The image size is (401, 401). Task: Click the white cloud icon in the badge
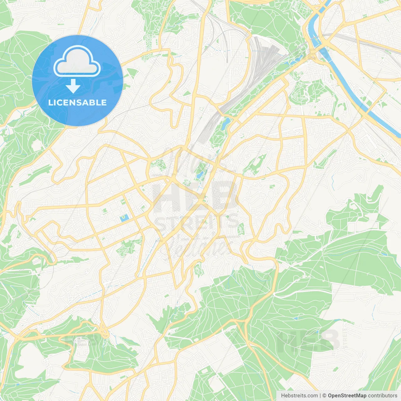pyautogui.click(x=77, y=61)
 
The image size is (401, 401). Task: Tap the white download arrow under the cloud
pyautogui.click(x=73, y=86)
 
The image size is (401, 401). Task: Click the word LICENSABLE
pyautogui.click(x=77, y=102)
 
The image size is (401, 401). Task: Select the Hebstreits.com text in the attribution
pyautogui.click(x=299, y=396)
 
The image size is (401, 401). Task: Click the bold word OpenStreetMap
pyautogui.click(x=347, y=396)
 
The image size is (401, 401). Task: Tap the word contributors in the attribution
pyautogui.click(x=383, y=396)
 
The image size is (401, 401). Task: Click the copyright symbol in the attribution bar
pyautogui.click(x=324, y=396)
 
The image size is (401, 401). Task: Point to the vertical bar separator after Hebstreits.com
pyautogui.click(x=320, y=396)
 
